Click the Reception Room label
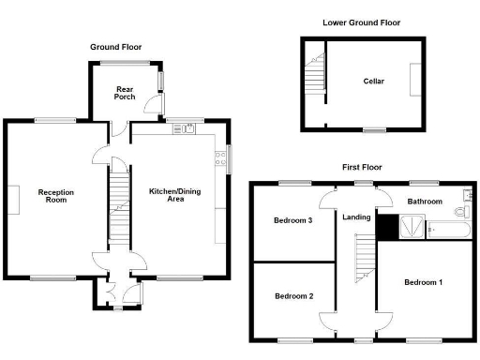point(55,196)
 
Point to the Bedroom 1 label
point(423,282)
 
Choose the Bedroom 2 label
point(293,296)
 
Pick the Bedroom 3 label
point(292,221)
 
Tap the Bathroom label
point(424,201)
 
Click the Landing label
point(356,218)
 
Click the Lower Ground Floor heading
point(361,22)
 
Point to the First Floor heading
point(361,167)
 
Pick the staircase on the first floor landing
point(362,261)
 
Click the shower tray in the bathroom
point(411,226)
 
